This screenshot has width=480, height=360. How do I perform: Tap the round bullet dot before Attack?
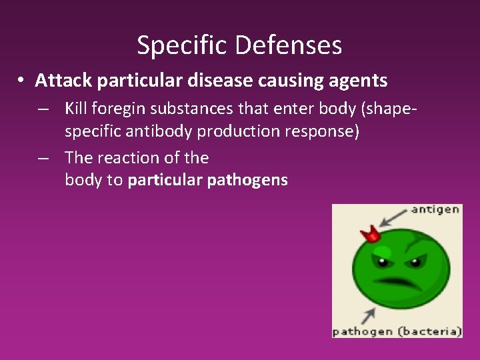pyautogui.click(x=22, y=81)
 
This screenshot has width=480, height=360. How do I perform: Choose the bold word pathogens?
pyautogui.click(x=247, y=180)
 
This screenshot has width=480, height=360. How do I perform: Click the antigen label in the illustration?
pyautogui.click(x=435, y=209)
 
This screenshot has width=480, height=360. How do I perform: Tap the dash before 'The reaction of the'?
pyautogui.click(x=43, y=158)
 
